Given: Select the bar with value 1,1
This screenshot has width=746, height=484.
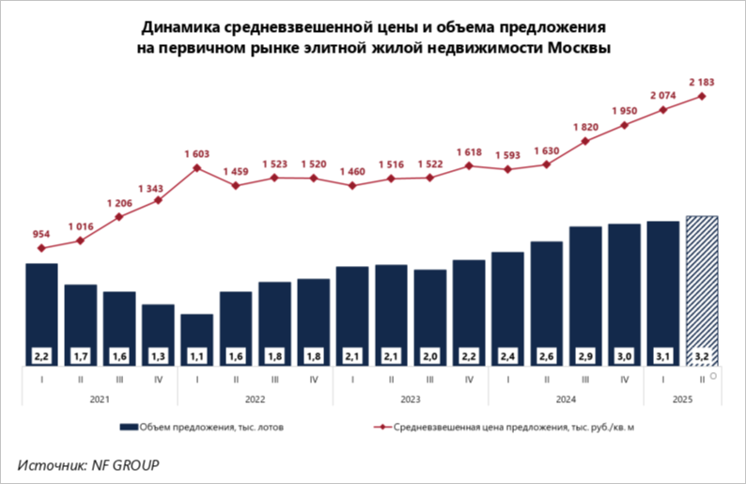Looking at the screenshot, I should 196,334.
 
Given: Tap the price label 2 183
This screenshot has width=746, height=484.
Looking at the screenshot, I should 702,83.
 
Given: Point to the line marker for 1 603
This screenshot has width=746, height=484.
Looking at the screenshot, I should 196,168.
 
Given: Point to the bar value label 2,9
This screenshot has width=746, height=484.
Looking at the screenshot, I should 585,355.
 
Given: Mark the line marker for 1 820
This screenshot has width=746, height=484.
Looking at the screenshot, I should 585,141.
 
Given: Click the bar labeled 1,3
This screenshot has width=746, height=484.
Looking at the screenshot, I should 158,329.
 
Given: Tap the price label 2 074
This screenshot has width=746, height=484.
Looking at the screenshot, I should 663,95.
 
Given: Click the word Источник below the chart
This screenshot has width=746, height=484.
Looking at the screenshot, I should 51,464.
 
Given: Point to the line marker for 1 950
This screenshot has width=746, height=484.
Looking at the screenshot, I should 625,125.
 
